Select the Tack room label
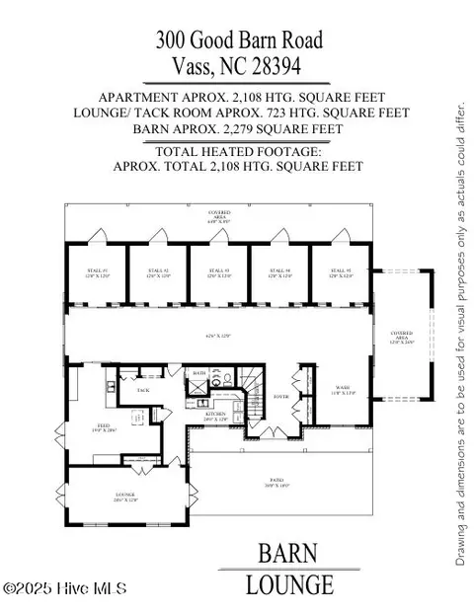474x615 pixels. (x=142, y=390)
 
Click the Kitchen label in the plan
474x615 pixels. (x=215, y=416)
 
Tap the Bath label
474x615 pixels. (x=199, y=373)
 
